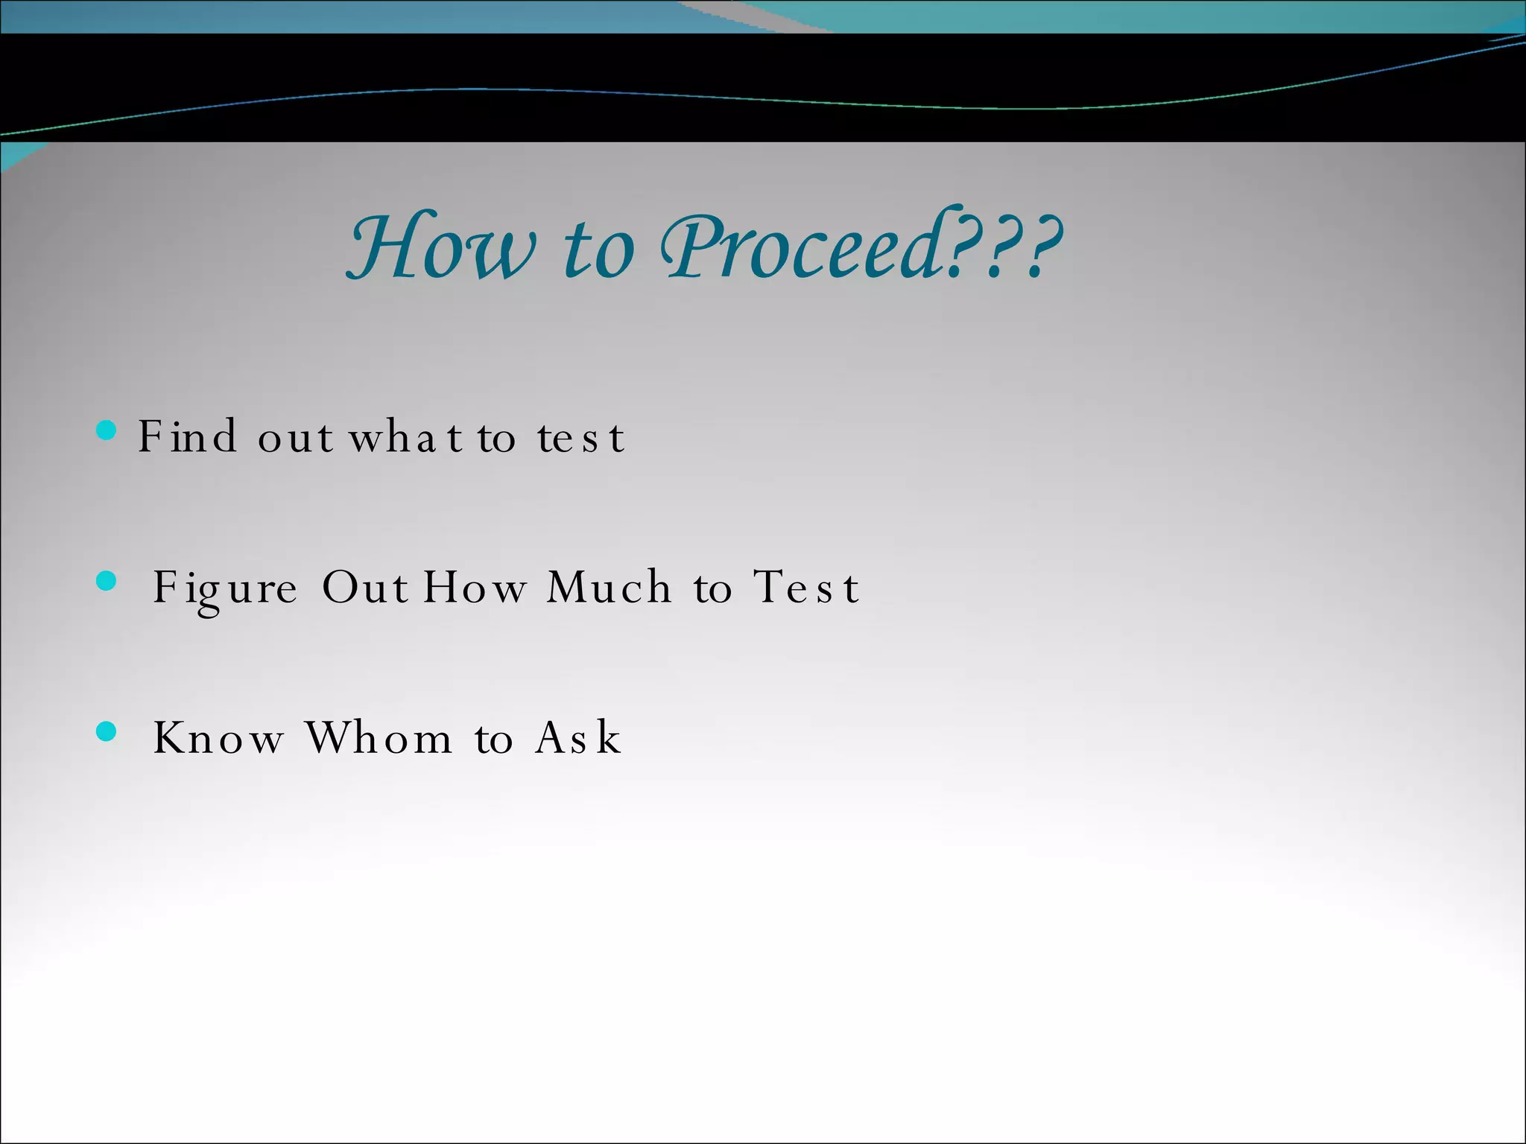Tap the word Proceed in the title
(x=801, y=247)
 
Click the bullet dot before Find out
(x=107, y=430)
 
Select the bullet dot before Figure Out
(x=107, y=582)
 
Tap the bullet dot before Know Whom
(x=107, y=732)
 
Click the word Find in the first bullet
(x=187, y=436)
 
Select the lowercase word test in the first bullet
(x=580, y=438)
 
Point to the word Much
(x=609, y=588)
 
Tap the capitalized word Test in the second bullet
(x=806, y=588)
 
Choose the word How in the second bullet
(x=475, y=588)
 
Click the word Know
(x=218, y=738)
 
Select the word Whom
(x=379, y=738)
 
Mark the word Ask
(x=578, y=738)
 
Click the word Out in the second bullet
(x=364, y=588)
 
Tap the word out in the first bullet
(x=295, y=438)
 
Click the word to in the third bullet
(x=493, y=740)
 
